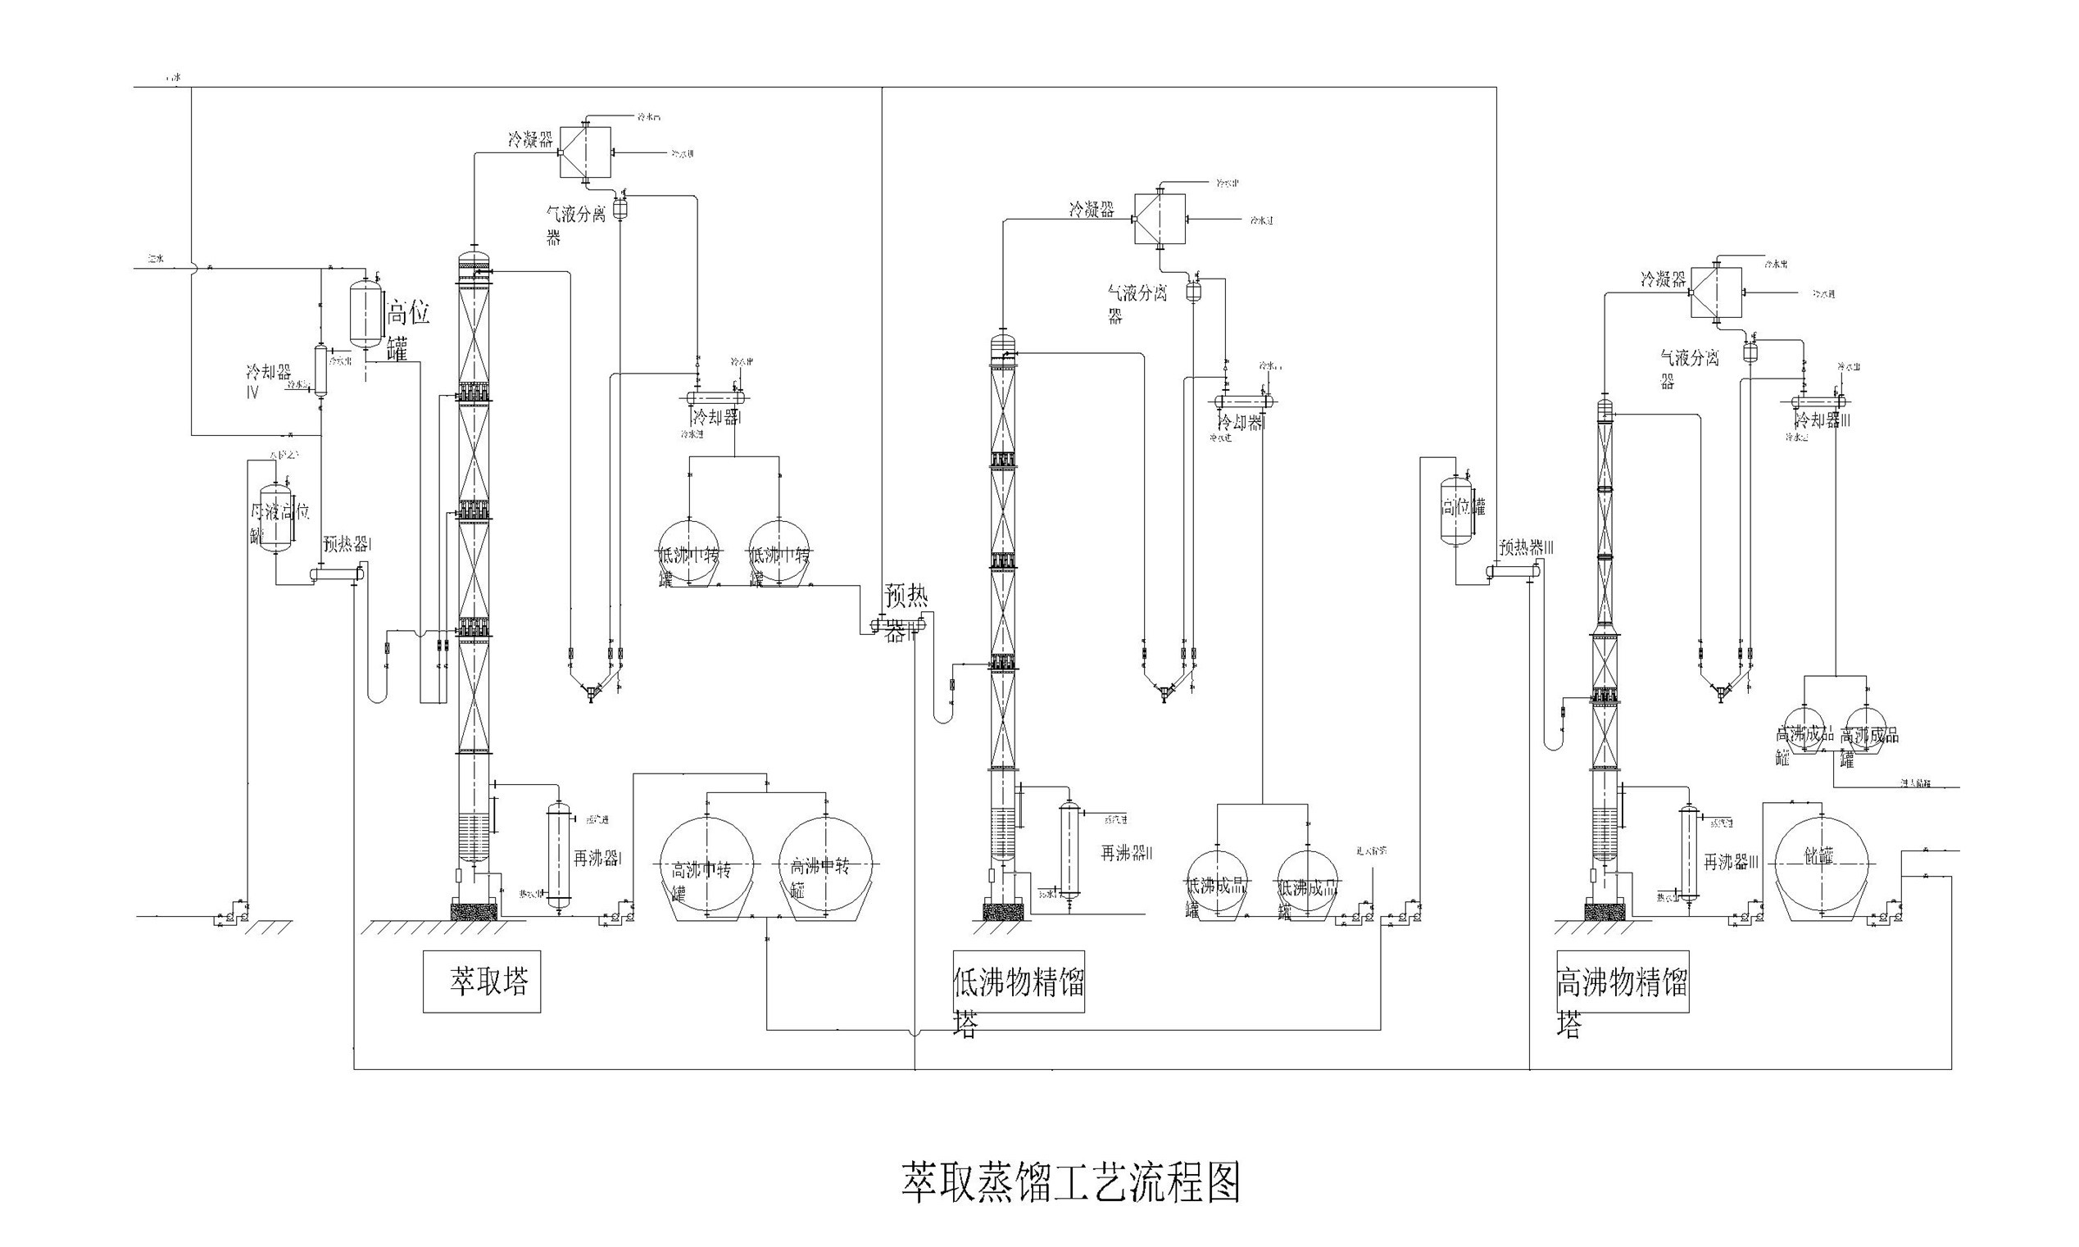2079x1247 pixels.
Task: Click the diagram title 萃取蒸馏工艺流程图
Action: click(x=1071, y=1183)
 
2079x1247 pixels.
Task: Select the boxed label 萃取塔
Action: click(x=482, y=982)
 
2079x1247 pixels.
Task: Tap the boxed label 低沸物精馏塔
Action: click(x=1018, y=982)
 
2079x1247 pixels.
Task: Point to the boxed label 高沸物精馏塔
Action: click(x=1622, y=982)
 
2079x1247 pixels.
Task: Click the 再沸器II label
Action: click(x=1127, y=854)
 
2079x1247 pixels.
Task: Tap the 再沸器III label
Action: click(x=1731, y=861)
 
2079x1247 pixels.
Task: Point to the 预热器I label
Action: click(x=347, y=545)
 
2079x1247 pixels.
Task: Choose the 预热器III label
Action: click(x=1526, y=548)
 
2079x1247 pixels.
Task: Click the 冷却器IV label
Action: click(x=267, y=380)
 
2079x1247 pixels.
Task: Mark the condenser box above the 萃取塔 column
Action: click(x=586, y=152)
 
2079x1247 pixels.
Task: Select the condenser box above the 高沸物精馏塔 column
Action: click(x=1716, y=292)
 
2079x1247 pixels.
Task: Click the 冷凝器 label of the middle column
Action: click(x=1091, y=209)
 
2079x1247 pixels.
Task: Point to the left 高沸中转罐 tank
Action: click(x=706, y=865)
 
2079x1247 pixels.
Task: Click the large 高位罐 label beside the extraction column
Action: click(x=408, y=329)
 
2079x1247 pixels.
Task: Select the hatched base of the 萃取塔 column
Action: click(x=474, y=910)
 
